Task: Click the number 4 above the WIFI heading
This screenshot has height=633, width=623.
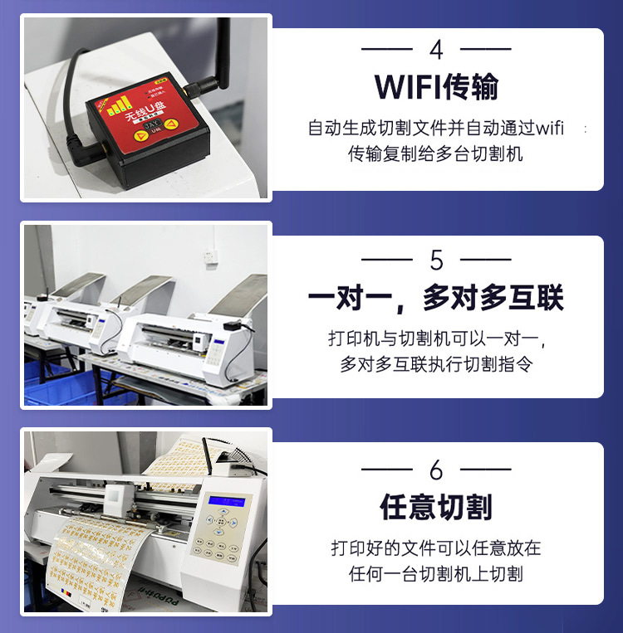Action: (436, 50)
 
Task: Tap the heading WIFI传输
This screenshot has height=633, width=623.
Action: (436, 86)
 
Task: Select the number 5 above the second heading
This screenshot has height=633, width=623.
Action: (437, 261)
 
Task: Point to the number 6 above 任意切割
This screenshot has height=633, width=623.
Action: (437, 470)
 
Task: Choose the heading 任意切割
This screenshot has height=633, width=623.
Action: (436, 507)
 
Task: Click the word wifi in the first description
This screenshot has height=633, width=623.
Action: (550, 129)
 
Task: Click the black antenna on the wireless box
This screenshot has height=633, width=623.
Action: (223, 50)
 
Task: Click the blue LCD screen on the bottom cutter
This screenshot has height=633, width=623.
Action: (230, 500)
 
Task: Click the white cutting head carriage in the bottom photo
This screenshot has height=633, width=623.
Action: (116, 499)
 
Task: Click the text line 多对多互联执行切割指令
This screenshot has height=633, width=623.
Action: (436, 364)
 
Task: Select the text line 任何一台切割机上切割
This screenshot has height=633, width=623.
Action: (436, 573)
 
